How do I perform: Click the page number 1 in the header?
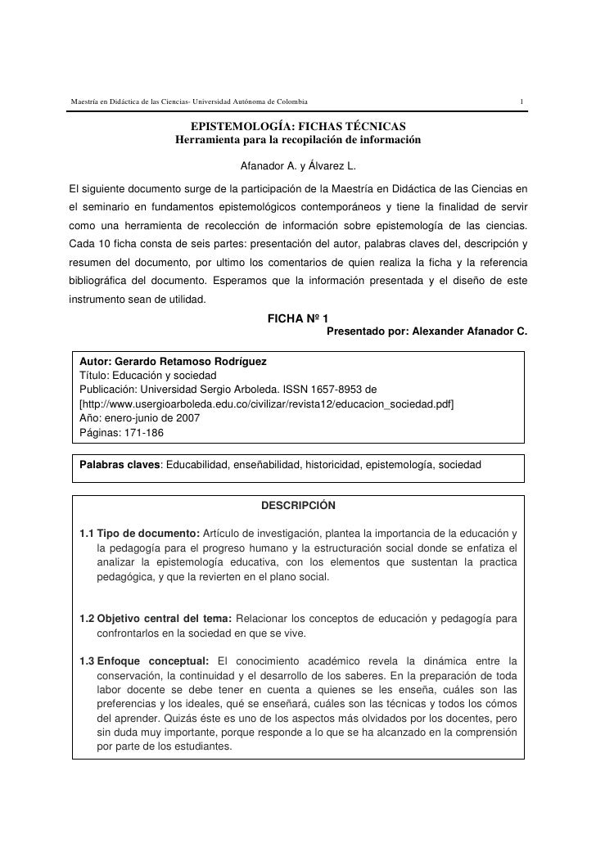pos(521,101)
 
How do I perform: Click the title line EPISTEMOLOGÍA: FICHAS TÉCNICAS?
pos(298,126)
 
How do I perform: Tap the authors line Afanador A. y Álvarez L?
pos(298,166)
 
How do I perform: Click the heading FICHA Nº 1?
pos(298,318)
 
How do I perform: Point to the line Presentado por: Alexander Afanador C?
pos(427,331)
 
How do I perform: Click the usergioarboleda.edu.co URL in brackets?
pos(267,403)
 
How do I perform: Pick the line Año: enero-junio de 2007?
pos(138,417)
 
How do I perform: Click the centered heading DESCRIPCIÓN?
pos(297,505)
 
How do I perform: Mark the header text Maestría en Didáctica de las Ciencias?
pos(129,101)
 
